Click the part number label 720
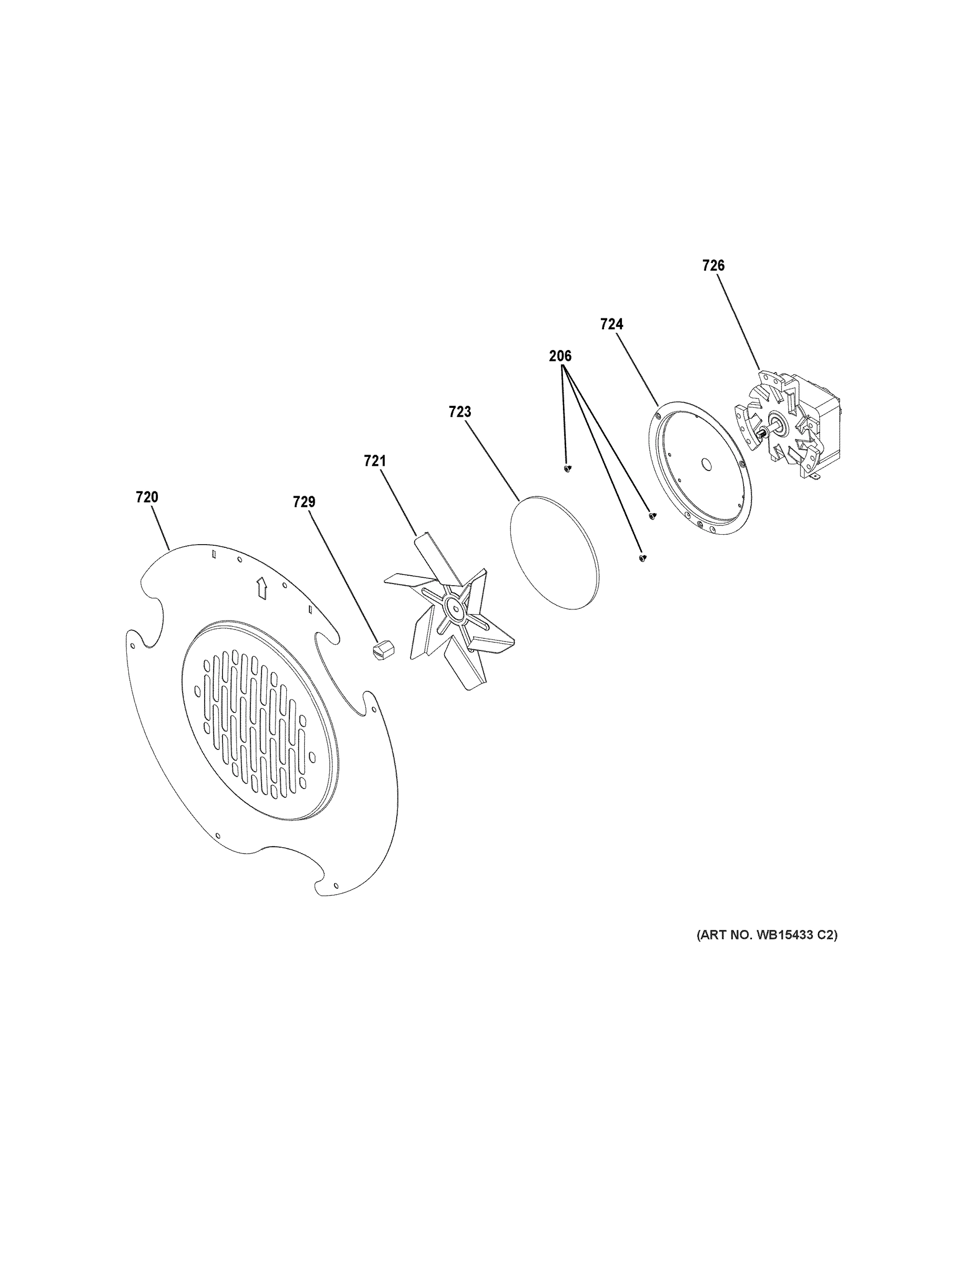coord(147,497)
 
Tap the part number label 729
coord(304,502)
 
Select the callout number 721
coord(375,461)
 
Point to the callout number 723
coord(460,412)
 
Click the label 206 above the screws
coord(560,356)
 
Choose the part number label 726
coord(713,265)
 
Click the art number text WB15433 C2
coord(767,935)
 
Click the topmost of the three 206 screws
coord(567,467)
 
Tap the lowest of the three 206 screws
coord(642,557)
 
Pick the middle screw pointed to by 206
coord(652,514)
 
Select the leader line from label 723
coord(491,457)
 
